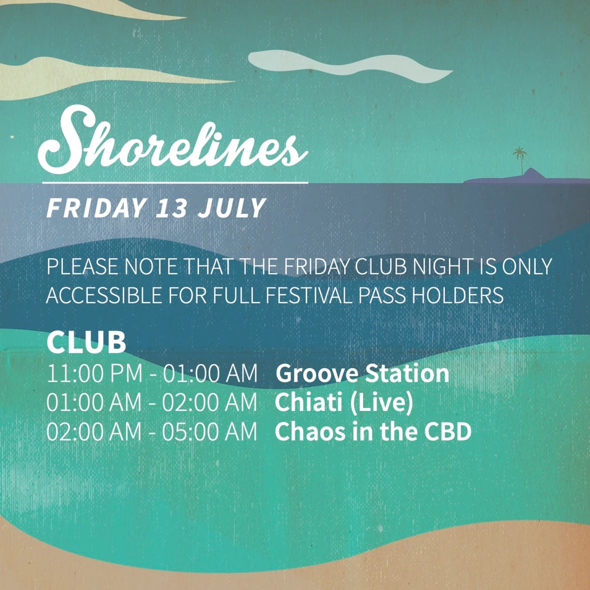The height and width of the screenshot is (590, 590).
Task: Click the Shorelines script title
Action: click(172, 140)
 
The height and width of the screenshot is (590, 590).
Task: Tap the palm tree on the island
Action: click(520, 160)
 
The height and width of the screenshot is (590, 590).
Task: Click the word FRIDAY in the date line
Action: click(96, 208)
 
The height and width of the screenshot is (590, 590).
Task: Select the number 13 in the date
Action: click(172, 208)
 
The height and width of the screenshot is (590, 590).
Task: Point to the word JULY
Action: click(232, 208)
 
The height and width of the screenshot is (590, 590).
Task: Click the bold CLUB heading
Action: click(86, 342)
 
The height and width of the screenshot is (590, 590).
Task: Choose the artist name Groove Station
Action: click(363, 373)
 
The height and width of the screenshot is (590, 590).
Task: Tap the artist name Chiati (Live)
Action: click(344, 402)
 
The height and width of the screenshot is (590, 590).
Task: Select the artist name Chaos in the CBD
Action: click(373, 431)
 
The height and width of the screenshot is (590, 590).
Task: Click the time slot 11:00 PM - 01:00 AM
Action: click(152, 373)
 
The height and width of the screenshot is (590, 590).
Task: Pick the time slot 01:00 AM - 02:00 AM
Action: click(151, 402)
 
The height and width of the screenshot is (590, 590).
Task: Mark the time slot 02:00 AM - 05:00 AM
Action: click(151, 431)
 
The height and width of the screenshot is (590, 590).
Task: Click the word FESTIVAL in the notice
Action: click(310, 295)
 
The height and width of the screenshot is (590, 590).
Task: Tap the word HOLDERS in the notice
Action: click(458, 295)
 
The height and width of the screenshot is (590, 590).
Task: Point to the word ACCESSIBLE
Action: click(104, 295)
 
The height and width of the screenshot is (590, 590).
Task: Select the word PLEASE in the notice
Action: click(82, 266)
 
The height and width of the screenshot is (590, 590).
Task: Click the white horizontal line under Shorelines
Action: click(175, 183)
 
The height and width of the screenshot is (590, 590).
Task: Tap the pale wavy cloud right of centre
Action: click(350, 65)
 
